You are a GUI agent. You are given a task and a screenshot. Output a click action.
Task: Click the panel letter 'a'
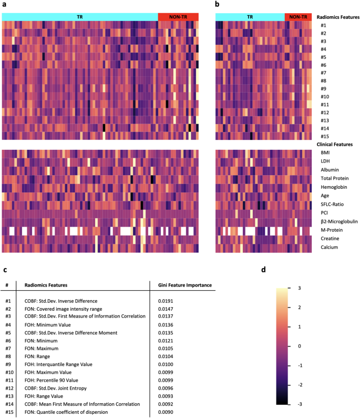pyautogui.click(x=4, y=5)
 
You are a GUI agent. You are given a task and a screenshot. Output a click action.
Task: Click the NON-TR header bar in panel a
pyautogui.click(x=178, y=17)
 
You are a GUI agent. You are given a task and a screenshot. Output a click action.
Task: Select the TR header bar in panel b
pyautogui.click(x=250, y=17)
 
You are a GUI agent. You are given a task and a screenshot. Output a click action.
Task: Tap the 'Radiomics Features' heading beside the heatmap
pyautogui.click(x=338, y=17)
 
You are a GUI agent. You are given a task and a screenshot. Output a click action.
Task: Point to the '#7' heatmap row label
pyautogui.click(x=323, y=73)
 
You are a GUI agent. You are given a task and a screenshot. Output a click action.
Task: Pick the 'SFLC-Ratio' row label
pyautogui.click(x=332, y=204)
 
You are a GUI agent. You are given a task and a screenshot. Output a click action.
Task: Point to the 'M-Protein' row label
pyautogui.click(x=331, y=230)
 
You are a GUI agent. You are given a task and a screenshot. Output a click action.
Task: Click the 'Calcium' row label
pyautogui.click(x=329, y=247)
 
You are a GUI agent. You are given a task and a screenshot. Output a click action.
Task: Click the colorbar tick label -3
pyautogui.click(x=298, y=404)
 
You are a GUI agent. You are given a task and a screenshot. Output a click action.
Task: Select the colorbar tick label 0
pyautogui.click(x=300, y=346)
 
